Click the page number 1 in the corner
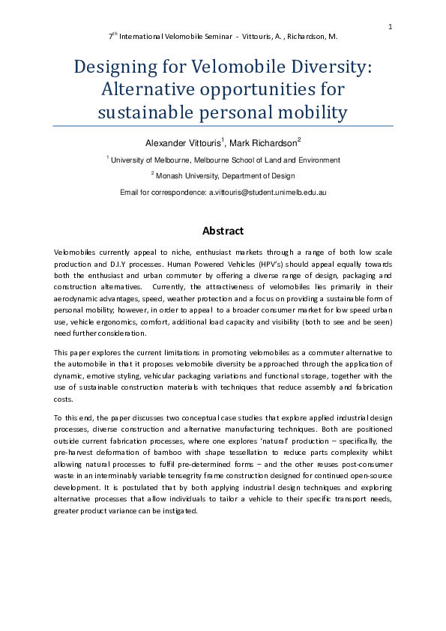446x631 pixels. [391, 28]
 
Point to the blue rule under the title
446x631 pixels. [223, 126]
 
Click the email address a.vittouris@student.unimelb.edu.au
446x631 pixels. [268, 192]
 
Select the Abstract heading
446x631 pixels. [223, 231]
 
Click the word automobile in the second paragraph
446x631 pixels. [88, 363]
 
